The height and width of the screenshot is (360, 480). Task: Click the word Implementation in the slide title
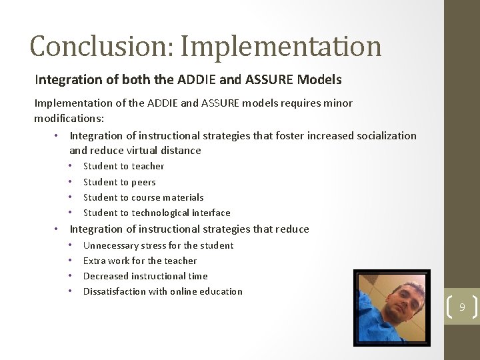tap(281, 46)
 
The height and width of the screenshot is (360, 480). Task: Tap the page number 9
tap(461, 307)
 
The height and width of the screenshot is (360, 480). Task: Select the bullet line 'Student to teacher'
tap(123, 166)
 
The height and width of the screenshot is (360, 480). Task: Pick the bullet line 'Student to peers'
tap(119, 182)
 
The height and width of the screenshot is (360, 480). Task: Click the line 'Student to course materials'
tap(143, 197)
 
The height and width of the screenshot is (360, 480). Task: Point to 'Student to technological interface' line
tap(157, 213)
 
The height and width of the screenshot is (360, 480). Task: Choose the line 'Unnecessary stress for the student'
tap(158, 245)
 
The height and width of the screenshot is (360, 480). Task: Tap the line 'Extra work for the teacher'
tap(140, 261)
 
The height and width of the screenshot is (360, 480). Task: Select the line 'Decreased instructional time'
tap(145, 276)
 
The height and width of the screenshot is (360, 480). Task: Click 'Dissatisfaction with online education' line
tap(163, 291)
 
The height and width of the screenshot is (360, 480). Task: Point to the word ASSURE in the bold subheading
tap(267, 80)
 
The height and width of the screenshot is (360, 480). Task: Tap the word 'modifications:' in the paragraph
tap(69, 118)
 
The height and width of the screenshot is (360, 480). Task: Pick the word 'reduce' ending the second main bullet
tap(291, 229)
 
